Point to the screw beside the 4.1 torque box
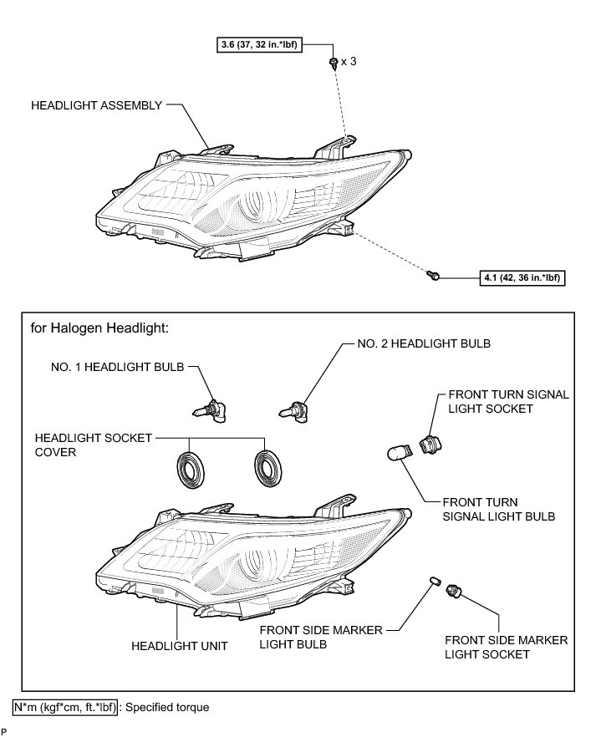click(434, 274)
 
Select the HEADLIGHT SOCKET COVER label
click(79, 445)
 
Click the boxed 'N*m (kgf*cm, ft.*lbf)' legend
click(65, 707)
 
